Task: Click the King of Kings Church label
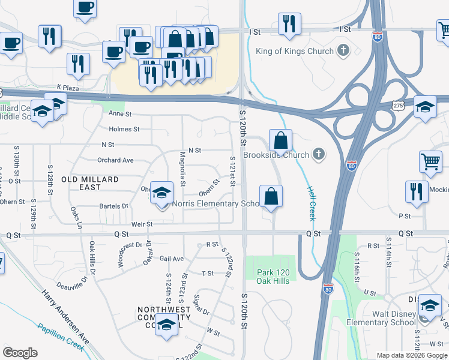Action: click(294, 51)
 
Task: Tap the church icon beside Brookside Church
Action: click(319, 155)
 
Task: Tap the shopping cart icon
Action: click(431, 161)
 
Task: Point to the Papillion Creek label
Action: click(60, 337)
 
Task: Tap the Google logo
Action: click(20, 353)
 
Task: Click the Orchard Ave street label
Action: click(115, 160)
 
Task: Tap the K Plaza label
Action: click(68, 88)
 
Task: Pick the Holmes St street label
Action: click(124, 129)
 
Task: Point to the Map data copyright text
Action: click(411, 355)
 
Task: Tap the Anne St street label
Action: click(119, 113)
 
